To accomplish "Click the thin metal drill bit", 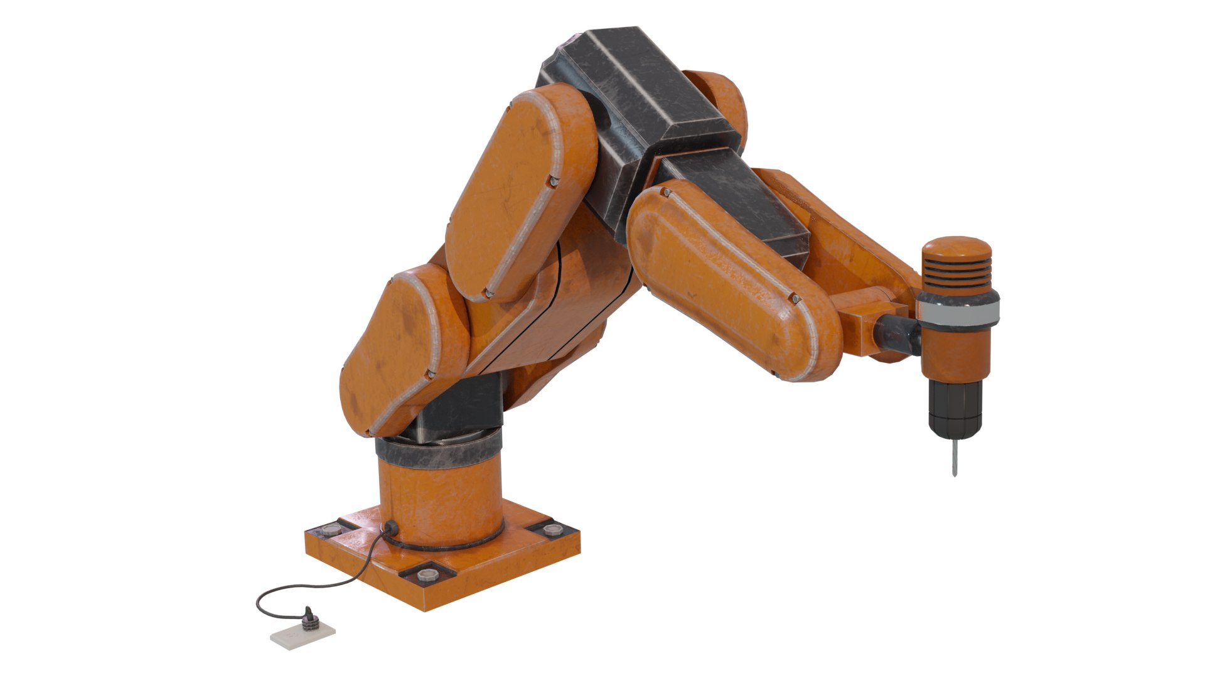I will [954, 457].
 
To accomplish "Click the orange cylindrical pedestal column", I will [439, 502].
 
